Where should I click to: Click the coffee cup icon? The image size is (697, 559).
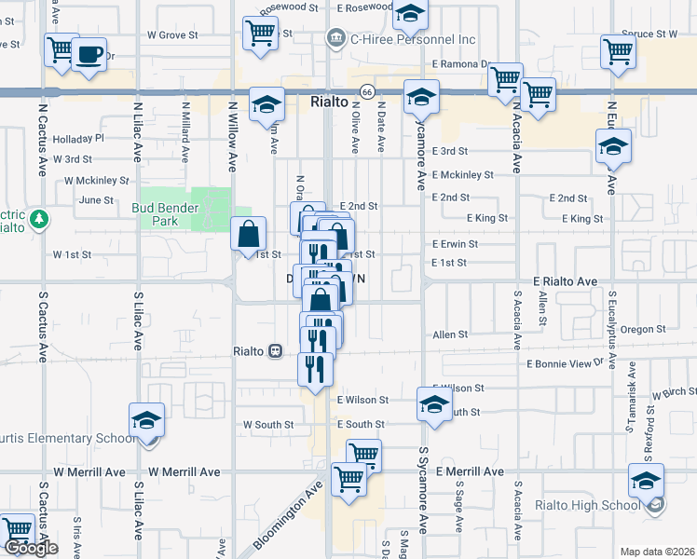tap(89, 54)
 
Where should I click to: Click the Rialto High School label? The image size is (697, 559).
tap(586, 506)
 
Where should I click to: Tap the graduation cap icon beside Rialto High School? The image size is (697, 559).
tap(646, 481)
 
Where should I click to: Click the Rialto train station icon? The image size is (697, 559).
tap(275, 351)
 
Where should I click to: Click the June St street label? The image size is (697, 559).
tap(96, 199)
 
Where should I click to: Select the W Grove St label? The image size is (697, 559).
tap(172, 34)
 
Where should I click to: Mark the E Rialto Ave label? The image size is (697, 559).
tap(565, 280)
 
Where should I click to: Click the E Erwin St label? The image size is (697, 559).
tap(455, 244)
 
